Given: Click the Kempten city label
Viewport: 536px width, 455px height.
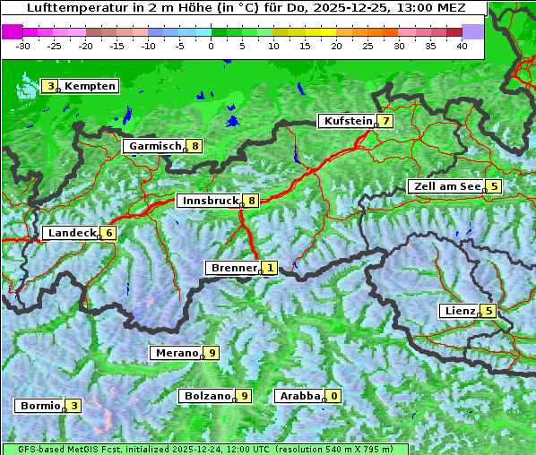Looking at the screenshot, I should pos(90,86).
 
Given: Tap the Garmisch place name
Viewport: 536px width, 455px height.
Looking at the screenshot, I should pos(155,146).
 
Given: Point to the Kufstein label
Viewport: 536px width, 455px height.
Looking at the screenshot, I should pos(347,121).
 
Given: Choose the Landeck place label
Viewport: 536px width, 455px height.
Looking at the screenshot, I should pos(72,233).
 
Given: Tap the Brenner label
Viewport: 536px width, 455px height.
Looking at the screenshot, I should pos(233,268).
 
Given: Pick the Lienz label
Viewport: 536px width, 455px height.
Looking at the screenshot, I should pos(460,311).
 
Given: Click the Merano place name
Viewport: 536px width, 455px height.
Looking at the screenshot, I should pos(177,353).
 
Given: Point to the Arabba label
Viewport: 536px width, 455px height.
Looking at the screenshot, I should pos(299,396).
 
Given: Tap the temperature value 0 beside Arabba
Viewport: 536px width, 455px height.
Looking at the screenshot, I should pos(333,396).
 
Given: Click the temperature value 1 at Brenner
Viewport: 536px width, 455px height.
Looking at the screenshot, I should pos(269,268).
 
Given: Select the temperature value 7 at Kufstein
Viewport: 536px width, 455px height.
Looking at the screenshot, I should pos(385,121).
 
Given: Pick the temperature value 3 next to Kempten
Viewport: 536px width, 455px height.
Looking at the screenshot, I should pos(51,86).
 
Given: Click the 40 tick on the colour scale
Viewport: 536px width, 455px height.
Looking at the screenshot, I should pos(462,46).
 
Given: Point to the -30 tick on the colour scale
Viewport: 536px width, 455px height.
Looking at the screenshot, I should pos(23,46).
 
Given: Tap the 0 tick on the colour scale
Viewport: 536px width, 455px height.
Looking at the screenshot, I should pos(212,46).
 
